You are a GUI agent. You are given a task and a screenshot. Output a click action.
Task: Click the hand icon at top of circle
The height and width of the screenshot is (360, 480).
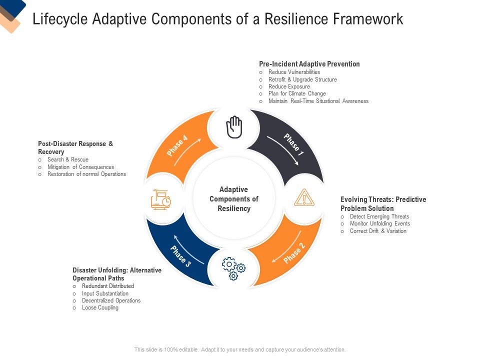pyautogui.click(x=234, y=127)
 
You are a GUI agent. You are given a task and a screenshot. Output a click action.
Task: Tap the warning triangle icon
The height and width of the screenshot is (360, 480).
pyautogui.click(x=303, y=198)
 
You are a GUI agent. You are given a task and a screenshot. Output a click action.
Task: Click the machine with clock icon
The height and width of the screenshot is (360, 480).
pyautogui.click(x=161, y=199)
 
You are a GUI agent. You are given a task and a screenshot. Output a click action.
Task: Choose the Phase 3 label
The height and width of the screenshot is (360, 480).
pyautogui.click(x=180, y=256)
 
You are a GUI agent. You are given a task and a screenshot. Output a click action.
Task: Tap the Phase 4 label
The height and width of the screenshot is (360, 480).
pyautogui.click(x=177, y=145)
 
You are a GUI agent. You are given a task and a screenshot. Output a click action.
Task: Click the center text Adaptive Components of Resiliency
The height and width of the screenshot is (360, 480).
pyautogui.click(x=233, y=199)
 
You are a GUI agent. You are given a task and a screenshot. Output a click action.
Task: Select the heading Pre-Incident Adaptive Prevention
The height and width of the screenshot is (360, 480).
pyautogui.click(x=309, y=64)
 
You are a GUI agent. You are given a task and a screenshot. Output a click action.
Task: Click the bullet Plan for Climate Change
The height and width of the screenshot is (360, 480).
pyautogui.click(x=297, y=93)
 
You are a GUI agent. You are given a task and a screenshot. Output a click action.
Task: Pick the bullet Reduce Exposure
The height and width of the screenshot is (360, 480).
pyautogui.click(x=289, y=86)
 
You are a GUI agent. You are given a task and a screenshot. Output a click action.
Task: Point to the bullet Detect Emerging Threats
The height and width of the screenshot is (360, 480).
pyautogui.click(x=379, y=216)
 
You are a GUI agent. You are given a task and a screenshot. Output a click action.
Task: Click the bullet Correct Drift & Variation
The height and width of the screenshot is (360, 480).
pyautogui.click(x=378, y=231)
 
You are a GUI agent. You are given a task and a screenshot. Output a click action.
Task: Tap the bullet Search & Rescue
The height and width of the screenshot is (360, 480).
pyautogui.click(x=68, y=159)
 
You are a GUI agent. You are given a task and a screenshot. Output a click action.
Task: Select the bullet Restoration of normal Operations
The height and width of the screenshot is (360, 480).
pyautogui.click(x=86, y=174)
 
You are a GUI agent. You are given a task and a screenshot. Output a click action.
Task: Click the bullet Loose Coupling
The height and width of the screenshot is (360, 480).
pyautogui.click(x=100, y=307)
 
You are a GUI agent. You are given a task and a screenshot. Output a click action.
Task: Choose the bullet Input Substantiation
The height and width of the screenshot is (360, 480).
pyautogui.click(x=105, y=293)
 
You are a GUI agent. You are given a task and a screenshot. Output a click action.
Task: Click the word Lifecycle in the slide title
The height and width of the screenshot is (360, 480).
pyautogui.click(x=59, y=19)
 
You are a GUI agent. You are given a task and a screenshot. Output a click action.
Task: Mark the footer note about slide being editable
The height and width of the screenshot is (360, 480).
pyautogui.click(x=240, y=349)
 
